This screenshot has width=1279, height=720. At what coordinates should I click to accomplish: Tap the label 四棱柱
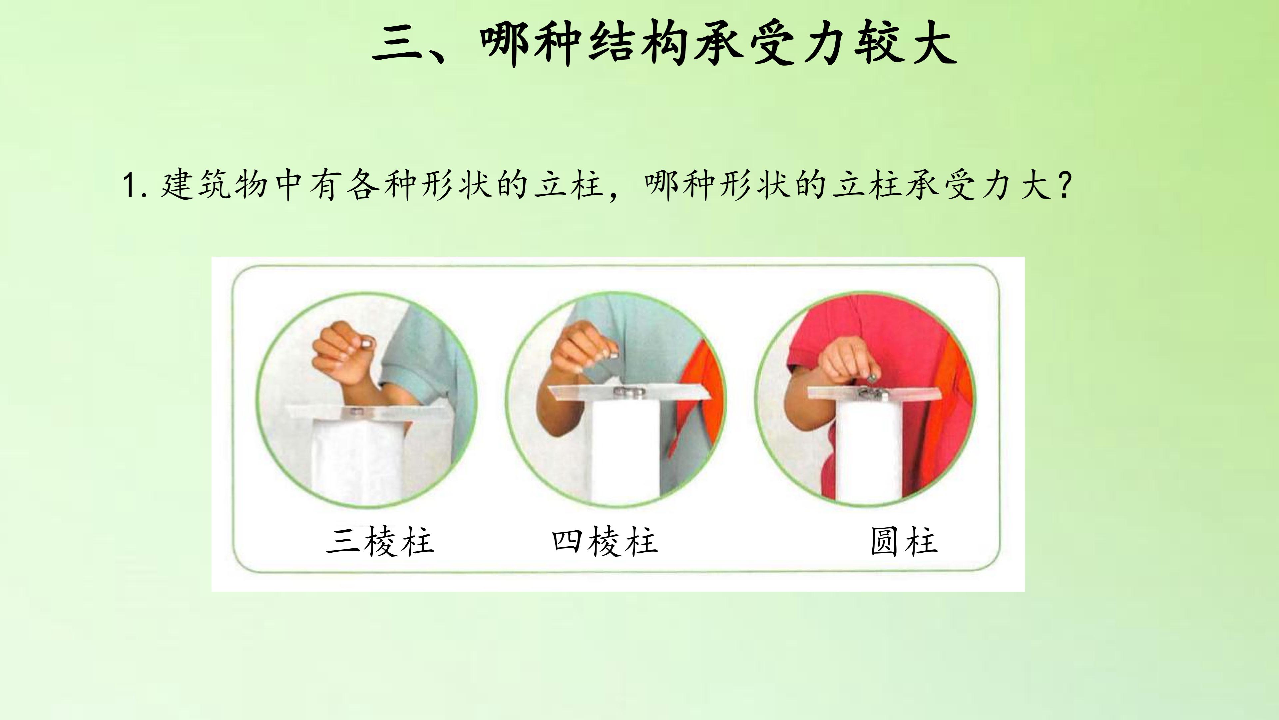click(605, 542)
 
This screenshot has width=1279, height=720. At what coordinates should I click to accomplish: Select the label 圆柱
click(904, 542)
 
